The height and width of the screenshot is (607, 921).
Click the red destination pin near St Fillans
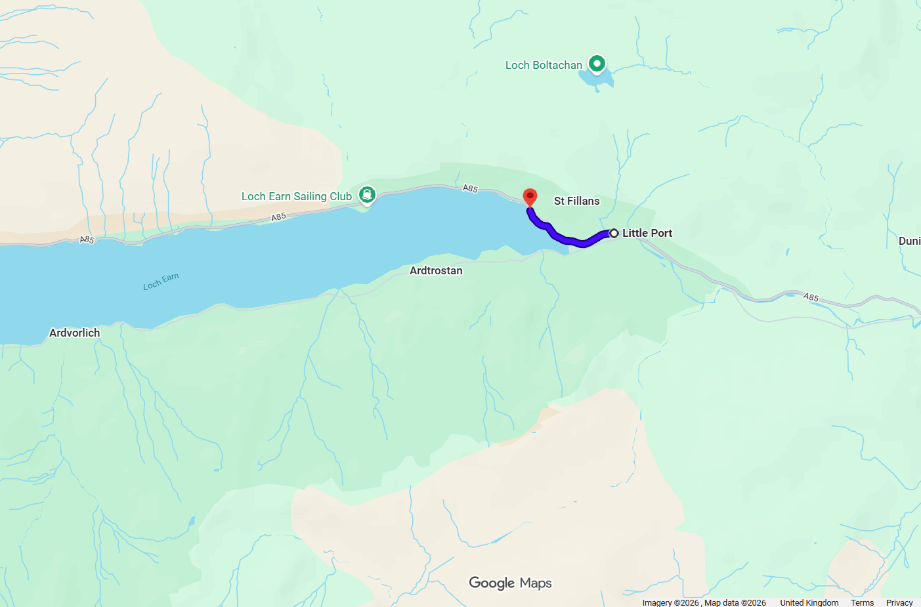(x=530, y=197)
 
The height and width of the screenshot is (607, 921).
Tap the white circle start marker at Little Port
(x=614, y=233)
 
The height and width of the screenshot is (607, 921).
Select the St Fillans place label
(x=576, y=201)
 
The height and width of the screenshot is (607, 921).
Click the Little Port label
(x=647, y=233)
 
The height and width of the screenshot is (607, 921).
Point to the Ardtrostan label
(x=436, y=270)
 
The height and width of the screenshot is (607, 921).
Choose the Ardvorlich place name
(x=75, y=333)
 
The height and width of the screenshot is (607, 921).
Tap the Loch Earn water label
(x=161, y=282)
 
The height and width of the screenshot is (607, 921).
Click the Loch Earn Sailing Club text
(x=296, y=196)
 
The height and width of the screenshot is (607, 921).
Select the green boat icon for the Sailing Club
(x=367, y=194)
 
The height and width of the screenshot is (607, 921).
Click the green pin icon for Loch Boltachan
(x=597, y=64)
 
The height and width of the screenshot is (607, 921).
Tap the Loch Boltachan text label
(x=544, y=65)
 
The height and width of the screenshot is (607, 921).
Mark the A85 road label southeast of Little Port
(x=811, y=297)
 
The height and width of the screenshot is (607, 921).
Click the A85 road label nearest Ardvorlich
(x=87, y=240)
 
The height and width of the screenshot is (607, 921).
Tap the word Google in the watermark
(x=492, y=583)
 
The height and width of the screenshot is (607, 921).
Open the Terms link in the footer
(x=862, y=602)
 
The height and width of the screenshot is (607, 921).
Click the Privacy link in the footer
(x=899, y=602)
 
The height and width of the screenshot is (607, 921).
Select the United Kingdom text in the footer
(x=809, y=602)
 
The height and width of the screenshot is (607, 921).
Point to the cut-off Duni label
(x=909, y=241)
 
